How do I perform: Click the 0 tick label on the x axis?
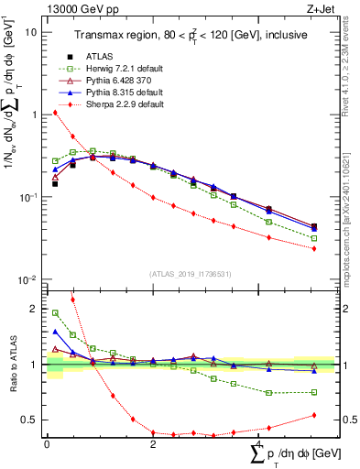click(x=47, y=443)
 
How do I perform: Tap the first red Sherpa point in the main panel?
click(x=55, y=113)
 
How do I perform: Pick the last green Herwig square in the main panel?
click(x=314, y=238)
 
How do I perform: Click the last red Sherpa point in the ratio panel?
click(x=314, y=415)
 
